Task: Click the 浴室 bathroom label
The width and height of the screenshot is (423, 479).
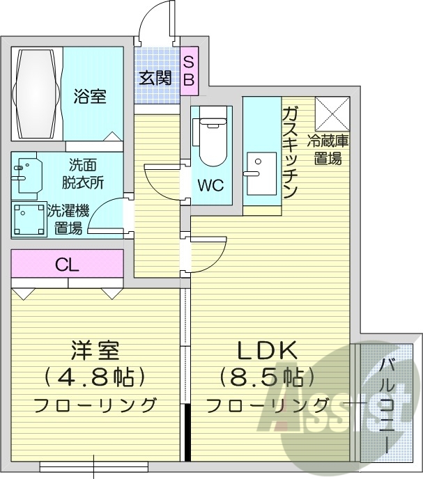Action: coord(90,97)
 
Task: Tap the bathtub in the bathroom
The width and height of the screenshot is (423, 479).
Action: coord(37,93)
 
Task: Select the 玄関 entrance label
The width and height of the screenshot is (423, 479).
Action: coord(154,77)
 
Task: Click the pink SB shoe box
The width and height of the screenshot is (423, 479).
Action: coord(189,70)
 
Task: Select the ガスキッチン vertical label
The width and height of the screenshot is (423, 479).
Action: coord(291,152)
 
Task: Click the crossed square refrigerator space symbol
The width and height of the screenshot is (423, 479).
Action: coord(331,113)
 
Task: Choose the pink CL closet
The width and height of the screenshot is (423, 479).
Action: coord(67,264)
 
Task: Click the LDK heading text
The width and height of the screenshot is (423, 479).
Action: coord(268,350)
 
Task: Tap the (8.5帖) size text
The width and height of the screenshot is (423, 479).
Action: coord(268,377)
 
